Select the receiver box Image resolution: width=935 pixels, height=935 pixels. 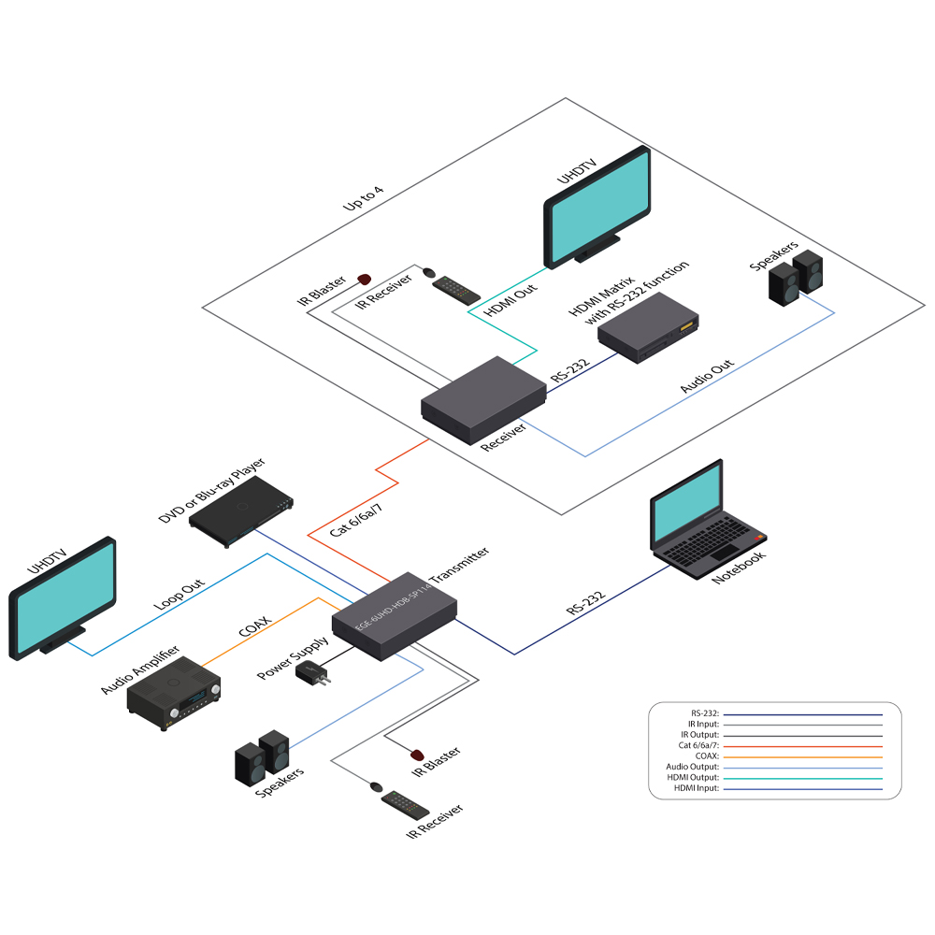483,400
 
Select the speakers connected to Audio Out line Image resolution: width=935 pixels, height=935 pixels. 797,279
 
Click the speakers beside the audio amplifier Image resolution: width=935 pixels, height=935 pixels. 261,757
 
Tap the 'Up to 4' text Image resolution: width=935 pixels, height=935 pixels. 365,203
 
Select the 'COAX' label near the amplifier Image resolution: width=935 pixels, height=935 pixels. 254,626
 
